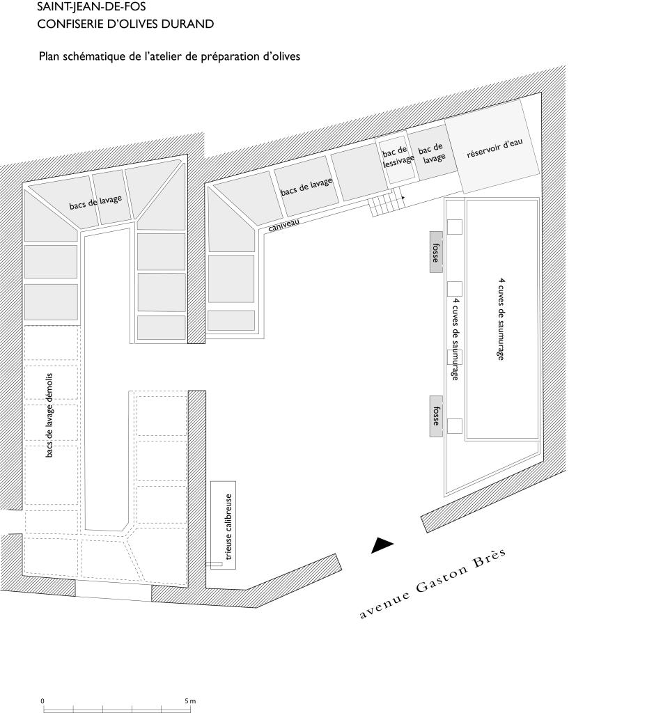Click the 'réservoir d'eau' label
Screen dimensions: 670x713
(495, 148)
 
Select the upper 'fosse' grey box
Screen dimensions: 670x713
(436, 252)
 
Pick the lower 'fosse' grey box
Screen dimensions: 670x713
(436, 416)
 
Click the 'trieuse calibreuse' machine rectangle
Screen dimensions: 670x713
(224, 525)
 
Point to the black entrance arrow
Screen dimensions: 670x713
(382, 545)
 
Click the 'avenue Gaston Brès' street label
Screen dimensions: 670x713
(433, 583)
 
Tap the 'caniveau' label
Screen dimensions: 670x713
(284, 225)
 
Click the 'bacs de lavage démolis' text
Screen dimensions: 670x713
(49, 415)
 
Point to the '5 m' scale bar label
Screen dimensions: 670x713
(190, 700)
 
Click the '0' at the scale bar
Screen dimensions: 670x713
(42, 700)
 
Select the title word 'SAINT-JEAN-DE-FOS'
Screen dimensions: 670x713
(91, 6)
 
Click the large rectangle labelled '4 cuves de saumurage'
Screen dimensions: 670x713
(501, 319)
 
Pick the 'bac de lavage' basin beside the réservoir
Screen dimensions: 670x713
(431, 152)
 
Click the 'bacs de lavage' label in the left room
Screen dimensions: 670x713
(95, 203)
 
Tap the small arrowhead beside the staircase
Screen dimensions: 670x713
(403, 198)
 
